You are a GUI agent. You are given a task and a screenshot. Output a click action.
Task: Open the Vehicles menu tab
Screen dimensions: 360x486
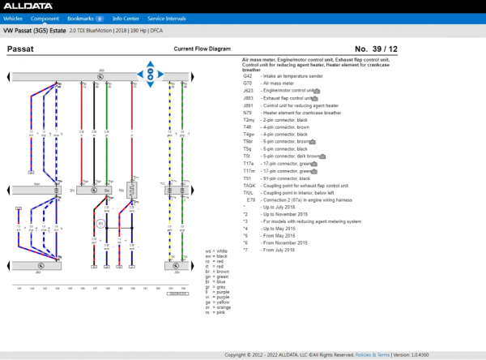pyautogui.click(x=14, y=17)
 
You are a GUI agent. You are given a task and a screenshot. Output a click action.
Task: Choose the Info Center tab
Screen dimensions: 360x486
pyautogui.click(x=126, y=17)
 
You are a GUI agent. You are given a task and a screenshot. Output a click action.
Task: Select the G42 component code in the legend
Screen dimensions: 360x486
pyautogui.click(x=248, y=75)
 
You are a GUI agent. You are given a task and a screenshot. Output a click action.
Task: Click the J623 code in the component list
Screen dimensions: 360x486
pyautogui.click(x=248, y=90)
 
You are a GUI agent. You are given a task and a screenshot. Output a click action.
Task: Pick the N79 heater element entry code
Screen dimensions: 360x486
pyautogui.click(x=248, y=112)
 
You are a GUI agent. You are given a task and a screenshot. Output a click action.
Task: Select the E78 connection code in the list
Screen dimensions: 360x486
pyautogui.click(x=250, y=199)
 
